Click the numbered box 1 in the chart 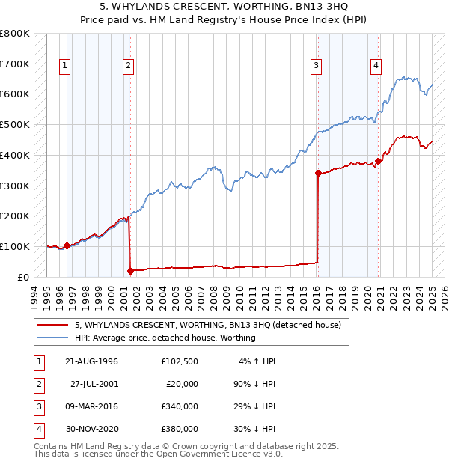[x=66, y=66]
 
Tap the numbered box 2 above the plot [x=129, y=66]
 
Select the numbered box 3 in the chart [x=317, y=66]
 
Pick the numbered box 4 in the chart [x=376, y=66]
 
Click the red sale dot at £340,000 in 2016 [x=318, y=173]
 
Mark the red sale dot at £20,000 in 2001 [x=130, y=271]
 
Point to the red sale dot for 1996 [x=67, y=245]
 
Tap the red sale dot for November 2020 [x=379, y=160]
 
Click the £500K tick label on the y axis [x=15, y=124]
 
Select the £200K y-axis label [x=15, y=216]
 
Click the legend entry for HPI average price [x=165, y=338]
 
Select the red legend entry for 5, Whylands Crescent [x=208, y=325]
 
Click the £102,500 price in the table [x=180, y=361]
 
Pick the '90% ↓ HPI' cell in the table [x=252, y=384]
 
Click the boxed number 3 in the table [x=38, y=406]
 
